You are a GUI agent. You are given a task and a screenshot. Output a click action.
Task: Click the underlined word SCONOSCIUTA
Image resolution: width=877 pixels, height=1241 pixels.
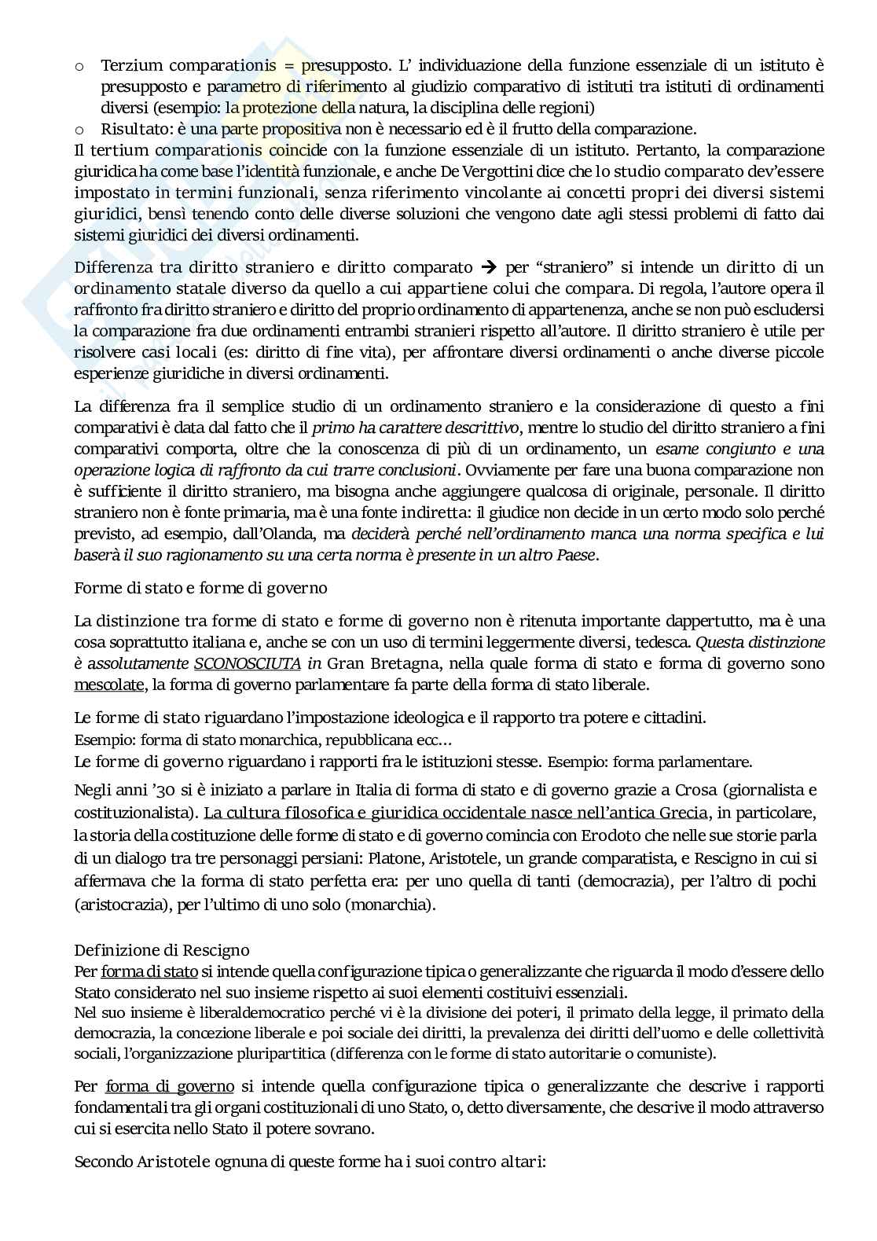tap(248, 663)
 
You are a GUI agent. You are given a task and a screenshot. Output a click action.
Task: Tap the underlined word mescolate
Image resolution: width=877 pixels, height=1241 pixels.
tap(108, 684)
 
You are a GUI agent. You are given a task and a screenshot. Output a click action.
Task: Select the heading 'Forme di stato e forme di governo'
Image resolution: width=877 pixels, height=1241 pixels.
tap(200, 588)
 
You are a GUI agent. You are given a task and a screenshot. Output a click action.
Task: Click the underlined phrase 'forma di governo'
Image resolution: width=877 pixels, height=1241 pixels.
tap(170, 1087)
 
